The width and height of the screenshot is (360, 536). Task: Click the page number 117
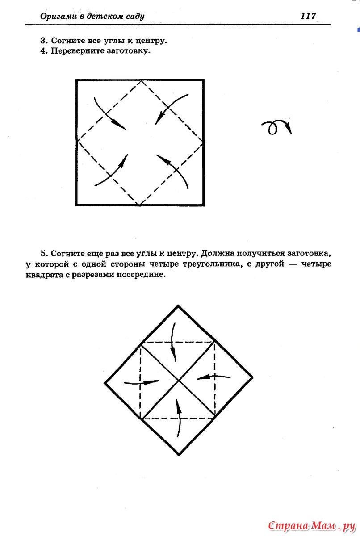click(308, 17)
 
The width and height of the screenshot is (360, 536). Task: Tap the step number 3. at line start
click(43, 41)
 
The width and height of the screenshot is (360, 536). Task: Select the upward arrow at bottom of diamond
click(179, 418)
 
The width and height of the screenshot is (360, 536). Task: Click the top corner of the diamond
click(179, 306)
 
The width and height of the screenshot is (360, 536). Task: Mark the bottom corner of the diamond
click(179, 455)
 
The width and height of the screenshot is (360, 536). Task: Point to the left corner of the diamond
click(105, 382)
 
